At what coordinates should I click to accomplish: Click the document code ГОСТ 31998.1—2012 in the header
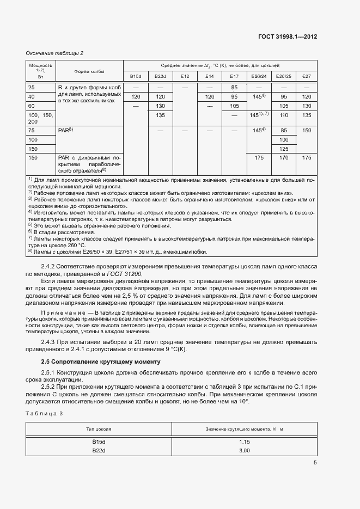(x=287, y=37)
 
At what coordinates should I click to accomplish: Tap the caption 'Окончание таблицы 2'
(x=54, y=53)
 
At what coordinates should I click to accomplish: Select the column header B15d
(x=136, y=76)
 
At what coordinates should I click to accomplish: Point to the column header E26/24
(x=258, y=76)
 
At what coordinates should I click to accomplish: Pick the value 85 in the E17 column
(x=234, y=87)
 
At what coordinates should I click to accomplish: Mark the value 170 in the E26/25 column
(x=283, y=158)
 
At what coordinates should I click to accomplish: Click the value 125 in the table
(x=283, y=149)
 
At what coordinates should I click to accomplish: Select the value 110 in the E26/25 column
(x=283, y=115)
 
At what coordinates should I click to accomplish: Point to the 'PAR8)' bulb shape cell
(x=65, y=131)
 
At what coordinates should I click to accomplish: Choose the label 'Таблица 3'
(x=45, y=414)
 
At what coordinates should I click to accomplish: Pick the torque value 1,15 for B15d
(x=244, y=441)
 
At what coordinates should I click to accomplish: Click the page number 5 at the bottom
(x=315, y=463)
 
